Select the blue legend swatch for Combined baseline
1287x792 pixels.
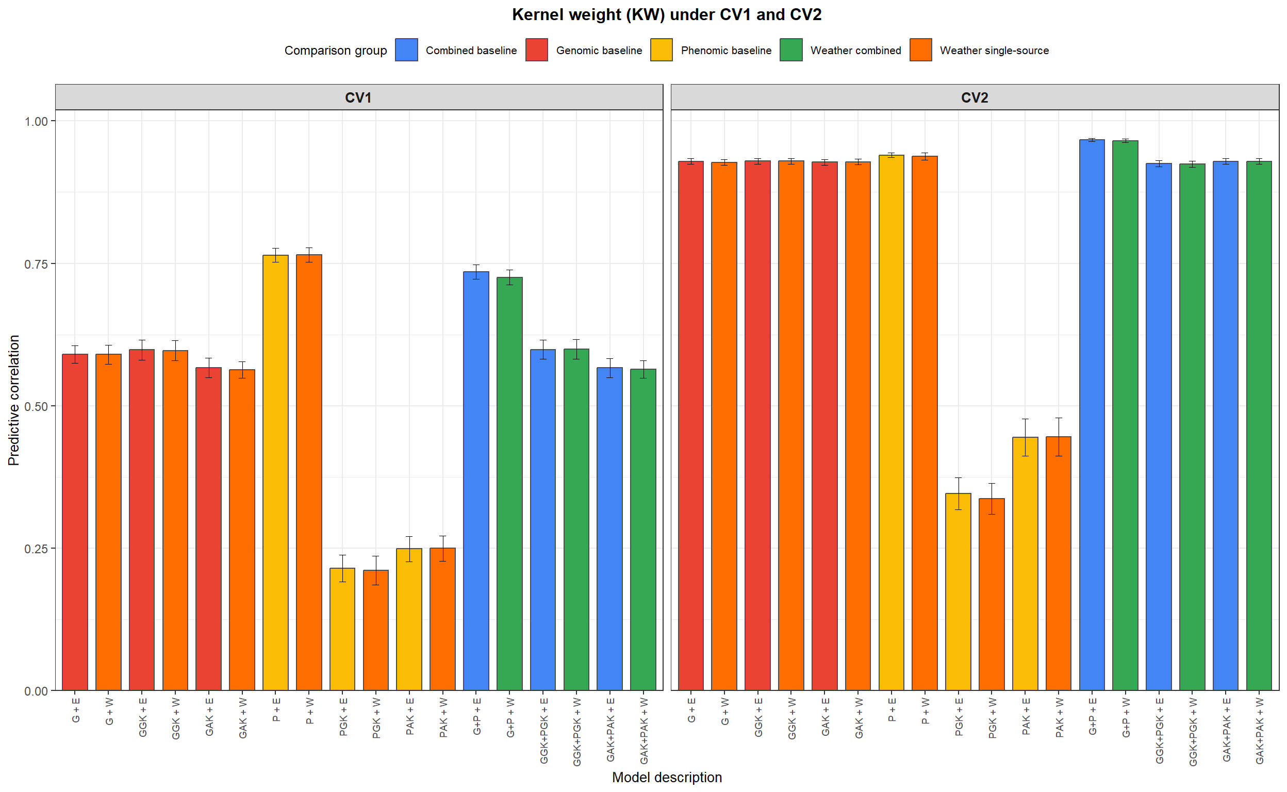click(x=406, y=50)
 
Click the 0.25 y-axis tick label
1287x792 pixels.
click(x=36, y=549)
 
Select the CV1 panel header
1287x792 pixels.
click(x=358, y=97)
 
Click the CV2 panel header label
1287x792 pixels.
click(x=974, y=97)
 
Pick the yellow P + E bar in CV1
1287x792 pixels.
click(x=275, y=471)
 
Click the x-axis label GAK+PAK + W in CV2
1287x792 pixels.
click(x=1259, y=731)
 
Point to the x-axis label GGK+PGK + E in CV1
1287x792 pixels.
click(x=543, y=730)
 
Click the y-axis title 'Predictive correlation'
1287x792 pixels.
click(x=13, y=400)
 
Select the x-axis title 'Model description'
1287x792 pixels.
click(x=666, y=778)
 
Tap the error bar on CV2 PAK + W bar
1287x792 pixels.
click(x=1058, y=436)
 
